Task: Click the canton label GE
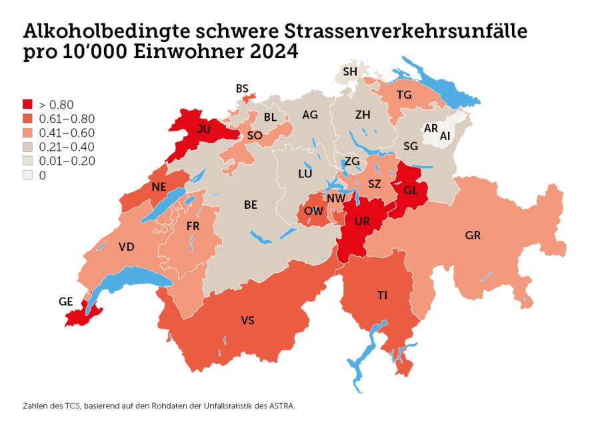65,302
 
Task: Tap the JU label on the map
204,131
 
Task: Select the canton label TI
382,295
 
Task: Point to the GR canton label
473,236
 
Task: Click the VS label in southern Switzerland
247,321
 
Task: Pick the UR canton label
361,221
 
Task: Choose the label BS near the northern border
242,88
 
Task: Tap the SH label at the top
350,71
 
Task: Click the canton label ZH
363,115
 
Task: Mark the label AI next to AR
445,135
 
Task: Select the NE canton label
159,187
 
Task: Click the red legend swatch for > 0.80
27,104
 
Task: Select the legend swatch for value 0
27,175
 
